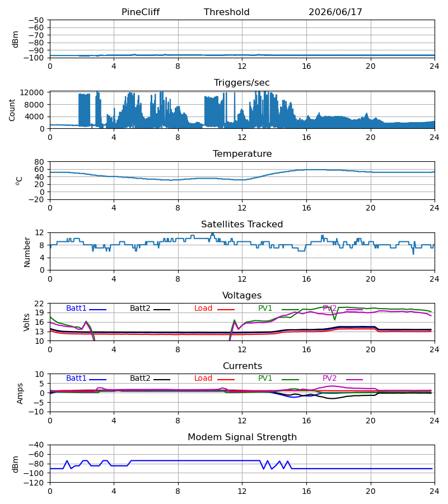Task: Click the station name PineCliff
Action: (141, 12)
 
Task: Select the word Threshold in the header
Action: (227, 12)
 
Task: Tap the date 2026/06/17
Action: (335, 12)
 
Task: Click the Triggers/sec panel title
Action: (242, 83)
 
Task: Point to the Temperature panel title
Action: (242, 153)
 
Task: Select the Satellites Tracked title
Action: (242, 225)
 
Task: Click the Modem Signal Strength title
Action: (242, 437)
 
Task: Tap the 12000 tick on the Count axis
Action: (32, 92)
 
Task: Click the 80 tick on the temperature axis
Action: (39, 162)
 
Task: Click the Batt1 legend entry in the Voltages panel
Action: (86, 308)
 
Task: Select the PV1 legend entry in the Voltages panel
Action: (278, 308)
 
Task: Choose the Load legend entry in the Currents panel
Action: (214, 379)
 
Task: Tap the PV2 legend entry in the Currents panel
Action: (343, 379)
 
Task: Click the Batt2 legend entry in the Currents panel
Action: (150, 379)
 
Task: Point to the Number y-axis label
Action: (27, 252)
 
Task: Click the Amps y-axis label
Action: (20, 394)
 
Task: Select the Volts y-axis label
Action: (27, 323)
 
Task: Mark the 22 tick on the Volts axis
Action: (39, 304)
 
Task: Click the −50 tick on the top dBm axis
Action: (36, 20)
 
